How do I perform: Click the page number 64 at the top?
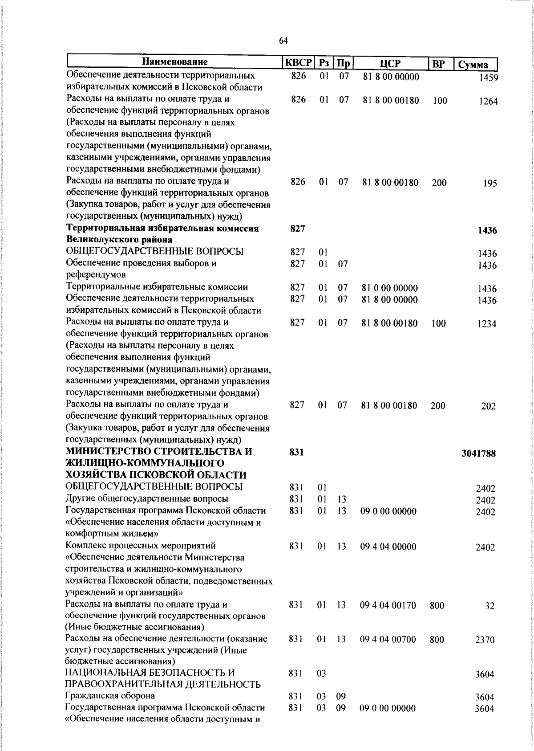click(x=283, y=41)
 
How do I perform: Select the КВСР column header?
click(x=298, y=62)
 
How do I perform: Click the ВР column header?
click(x=439, y=64)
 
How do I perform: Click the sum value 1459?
click(x=488, y=78)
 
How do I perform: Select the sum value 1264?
click(x=488, y=101)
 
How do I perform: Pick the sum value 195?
click(x=490, y=183)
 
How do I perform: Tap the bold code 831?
click(x=296, y=452)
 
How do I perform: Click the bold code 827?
click(x=297, y=229)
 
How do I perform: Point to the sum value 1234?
click(x=487, y=324)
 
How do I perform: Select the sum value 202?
click(x=488, y=406)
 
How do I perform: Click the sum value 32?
click(x=490, y=606)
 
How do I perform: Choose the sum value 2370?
click(x=485, y=640)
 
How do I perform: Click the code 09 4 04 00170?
click(x=388, y=605)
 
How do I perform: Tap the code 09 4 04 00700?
click(x=388, y=640)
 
